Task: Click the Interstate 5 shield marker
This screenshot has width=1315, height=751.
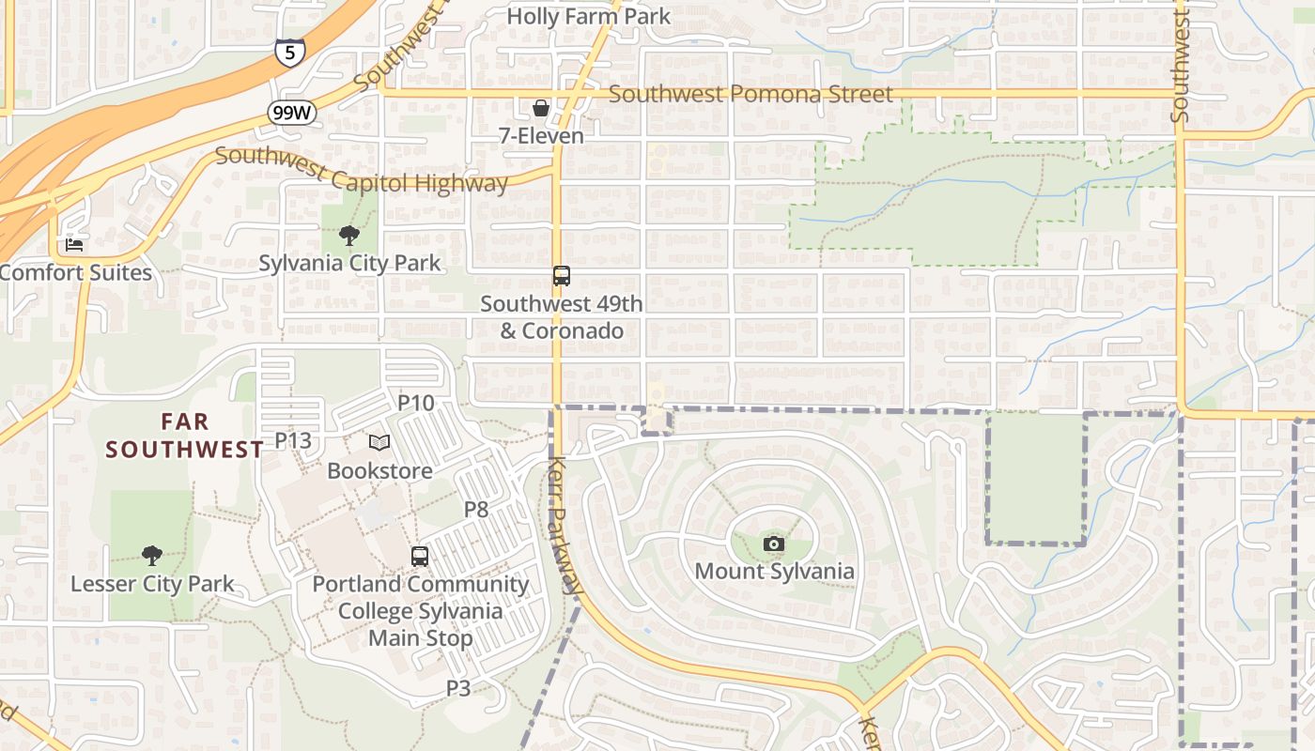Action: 289,53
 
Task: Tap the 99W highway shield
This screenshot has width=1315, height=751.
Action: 291,114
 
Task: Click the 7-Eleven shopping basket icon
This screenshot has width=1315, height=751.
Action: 540,108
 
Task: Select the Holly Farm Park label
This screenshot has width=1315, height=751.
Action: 589,16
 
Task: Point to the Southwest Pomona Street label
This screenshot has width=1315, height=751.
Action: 750,94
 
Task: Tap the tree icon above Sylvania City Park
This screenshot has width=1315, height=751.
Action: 348,235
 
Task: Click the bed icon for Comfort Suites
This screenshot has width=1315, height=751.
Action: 74,245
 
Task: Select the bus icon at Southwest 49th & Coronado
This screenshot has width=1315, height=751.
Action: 561,276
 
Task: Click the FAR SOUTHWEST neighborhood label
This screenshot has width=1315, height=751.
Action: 184,436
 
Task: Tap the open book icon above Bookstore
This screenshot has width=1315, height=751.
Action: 379,442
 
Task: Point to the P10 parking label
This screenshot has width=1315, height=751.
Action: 416,403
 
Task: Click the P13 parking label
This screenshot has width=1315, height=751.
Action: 293,440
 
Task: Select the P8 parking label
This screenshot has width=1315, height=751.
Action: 476,510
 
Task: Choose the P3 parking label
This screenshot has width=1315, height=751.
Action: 457,688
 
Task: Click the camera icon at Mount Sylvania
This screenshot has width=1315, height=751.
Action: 773,544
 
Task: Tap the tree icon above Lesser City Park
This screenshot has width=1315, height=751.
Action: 151,556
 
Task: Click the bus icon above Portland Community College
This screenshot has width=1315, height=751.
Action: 420,556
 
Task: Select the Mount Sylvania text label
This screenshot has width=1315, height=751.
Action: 775,571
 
